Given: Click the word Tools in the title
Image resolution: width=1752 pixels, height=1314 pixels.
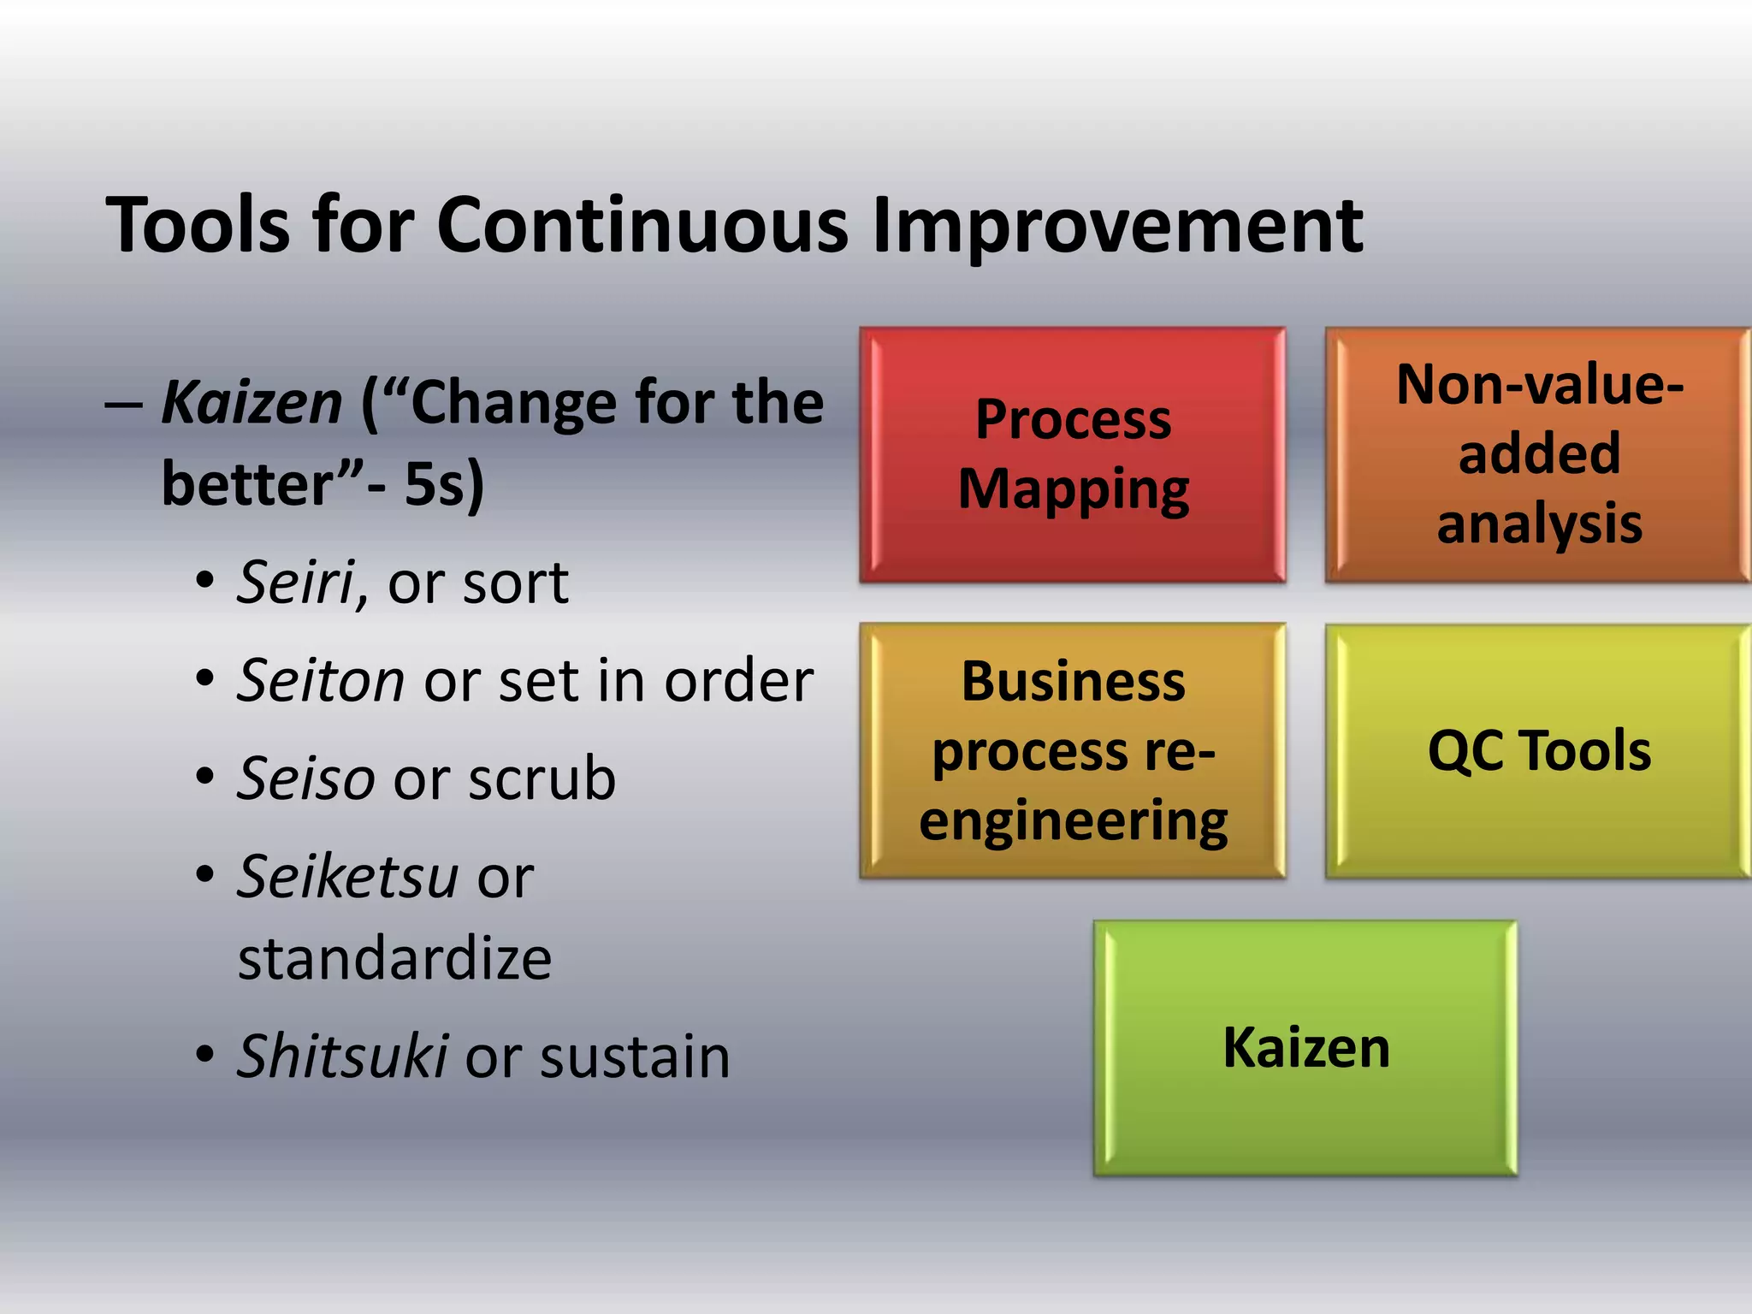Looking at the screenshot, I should coord(198,225).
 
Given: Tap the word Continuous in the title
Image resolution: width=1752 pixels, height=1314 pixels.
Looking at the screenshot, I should coord(642,225).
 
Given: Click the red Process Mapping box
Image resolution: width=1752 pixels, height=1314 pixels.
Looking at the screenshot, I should coord(1073,455).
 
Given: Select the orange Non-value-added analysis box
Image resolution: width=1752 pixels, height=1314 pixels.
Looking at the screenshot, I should coord(1538,455).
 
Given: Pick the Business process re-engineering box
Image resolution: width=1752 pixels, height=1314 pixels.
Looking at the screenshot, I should coord(1073,751).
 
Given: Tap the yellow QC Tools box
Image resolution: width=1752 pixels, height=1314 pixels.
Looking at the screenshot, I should coord(1538,751).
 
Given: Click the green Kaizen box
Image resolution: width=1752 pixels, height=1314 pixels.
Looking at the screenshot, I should coord(1305,1048).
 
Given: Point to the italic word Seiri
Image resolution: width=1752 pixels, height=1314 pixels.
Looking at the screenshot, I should coord(296,583).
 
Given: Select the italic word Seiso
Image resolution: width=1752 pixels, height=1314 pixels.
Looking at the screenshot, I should coord(306,779).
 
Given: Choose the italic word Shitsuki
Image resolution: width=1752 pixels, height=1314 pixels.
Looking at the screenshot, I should coord(342,1057).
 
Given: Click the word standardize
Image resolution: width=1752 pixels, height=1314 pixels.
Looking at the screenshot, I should coord(394,959).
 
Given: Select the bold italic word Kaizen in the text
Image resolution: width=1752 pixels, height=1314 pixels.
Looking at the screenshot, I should coord(252,403).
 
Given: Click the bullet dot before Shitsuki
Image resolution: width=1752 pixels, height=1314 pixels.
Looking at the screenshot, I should coord(204,1057).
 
